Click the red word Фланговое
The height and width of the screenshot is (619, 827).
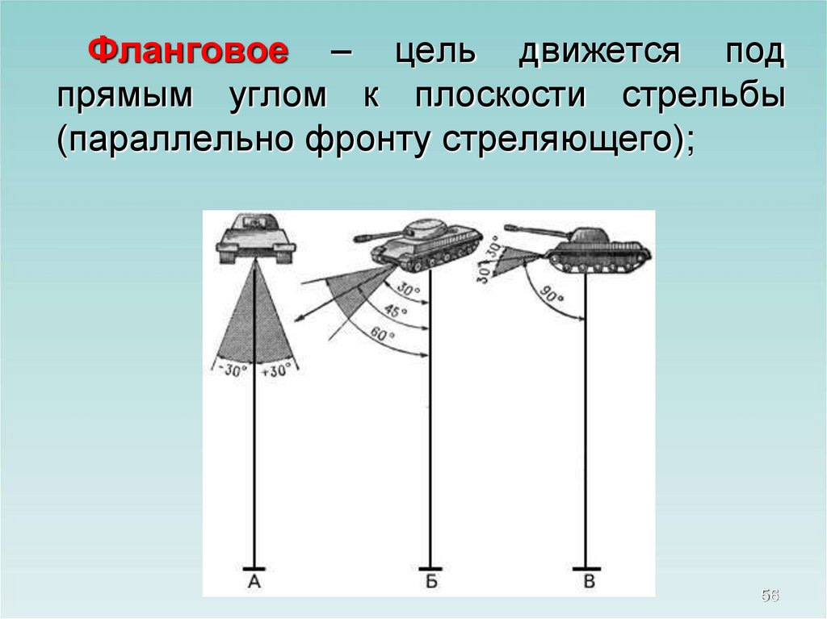click(x=188, y=51)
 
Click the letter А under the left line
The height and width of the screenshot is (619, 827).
click(x=254, y=582)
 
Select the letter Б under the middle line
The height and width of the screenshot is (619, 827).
click(x=431, y=582)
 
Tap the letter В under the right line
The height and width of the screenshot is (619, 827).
click(x=590, y=582)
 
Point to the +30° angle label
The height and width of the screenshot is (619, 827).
click(x=276, y=370)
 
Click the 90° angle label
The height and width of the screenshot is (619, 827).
click(x=551, y=296)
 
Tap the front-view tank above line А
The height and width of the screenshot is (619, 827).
click(x=256, y=238)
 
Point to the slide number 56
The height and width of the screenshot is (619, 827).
click(x=770, y=596)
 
